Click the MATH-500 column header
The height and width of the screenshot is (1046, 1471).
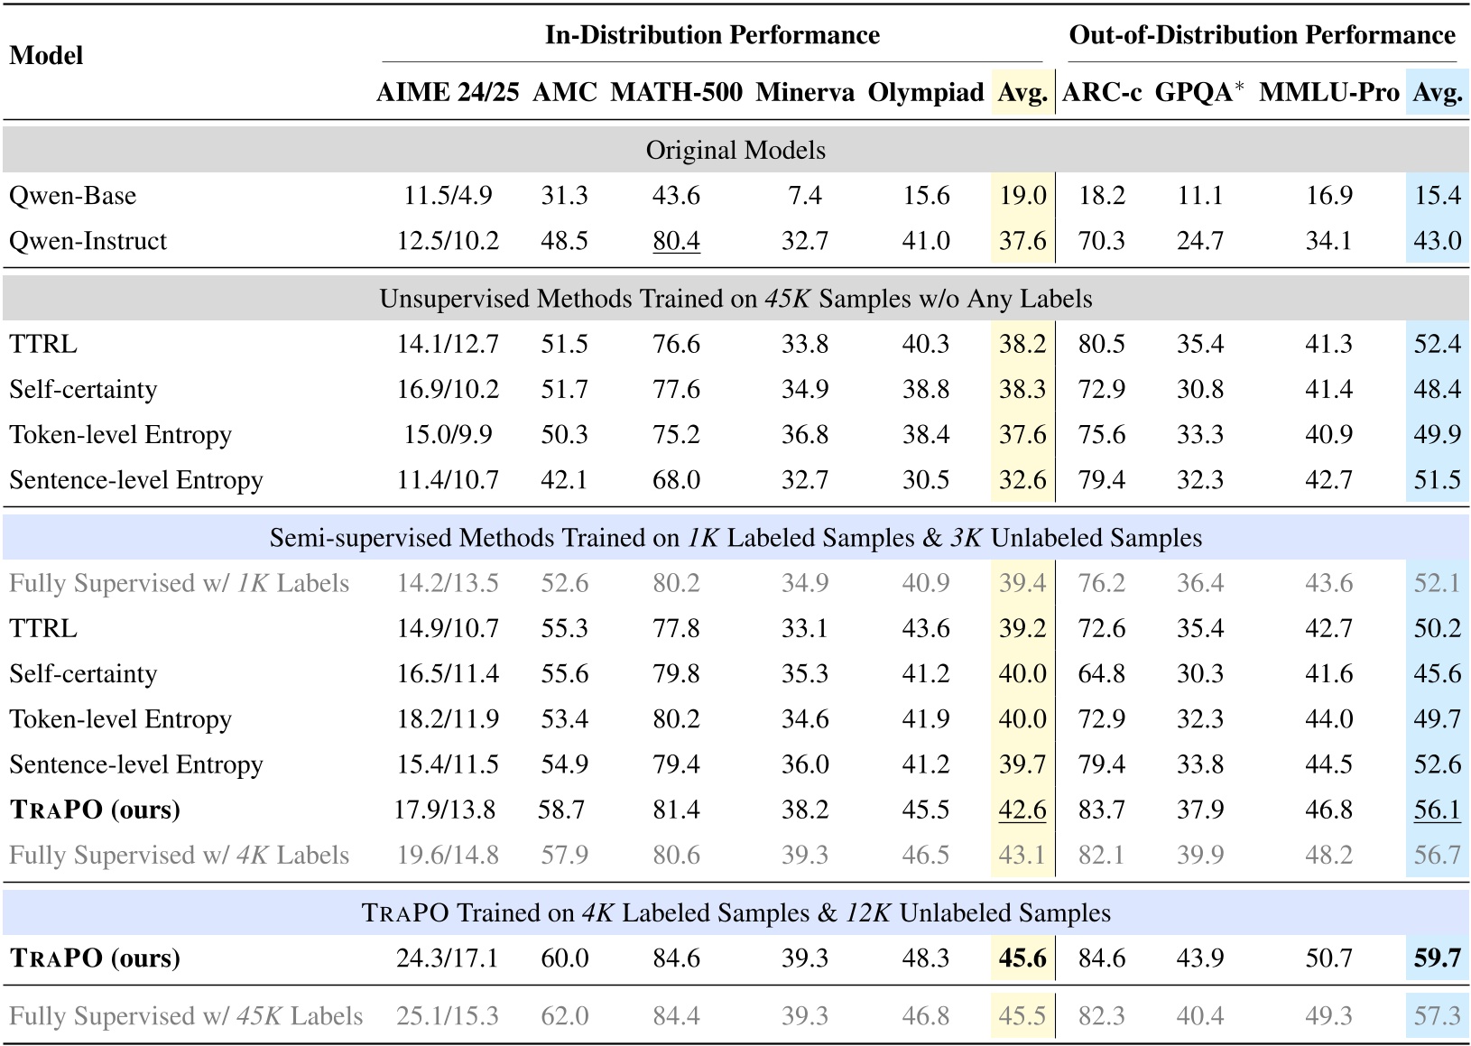tap(676, 92)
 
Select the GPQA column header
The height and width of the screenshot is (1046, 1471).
tap(1198, 92)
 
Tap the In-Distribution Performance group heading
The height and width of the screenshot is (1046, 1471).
tap(712, 35)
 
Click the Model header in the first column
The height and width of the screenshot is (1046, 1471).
tap(46, 56)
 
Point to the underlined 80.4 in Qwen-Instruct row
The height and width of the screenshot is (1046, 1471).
tap(676, 241)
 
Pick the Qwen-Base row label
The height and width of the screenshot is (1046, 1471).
tap(72, 196)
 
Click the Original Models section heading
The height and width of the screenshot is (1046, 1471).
tap(735, 150)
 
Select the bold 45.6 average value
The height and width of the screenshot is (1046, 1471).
tap(1022, 958)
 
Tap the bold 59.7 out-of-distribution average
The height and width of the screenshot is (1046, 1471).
tap(1437, 958)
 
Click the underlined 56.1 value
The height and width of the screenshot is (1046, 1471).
tap(1437, 810)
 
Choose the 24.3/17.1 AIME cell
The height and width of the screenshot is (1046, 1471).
tap(447, 958)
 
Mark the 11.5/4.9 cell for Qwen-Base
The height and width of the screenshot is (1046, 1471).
tap(447, 196)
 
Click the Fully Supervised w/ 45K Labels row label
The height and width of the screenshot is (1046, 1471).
tap(186, 1016)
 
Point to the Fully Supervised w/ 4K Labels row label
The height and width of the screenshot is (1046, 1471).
tap(179, 855)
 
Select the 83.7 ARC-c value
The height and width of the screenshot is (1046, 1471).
tap(1101, 810)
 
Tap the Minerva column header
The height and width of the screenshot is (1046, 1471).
tap(804, 92)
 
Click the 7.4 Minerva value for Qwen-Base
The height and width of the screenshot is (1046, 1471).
tap(804, 196)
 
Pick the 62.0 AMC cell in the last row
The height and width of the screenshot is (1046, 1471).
tap(564, 1016)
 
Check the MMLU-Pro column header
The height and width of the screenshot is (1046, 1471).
tap(1328, 92)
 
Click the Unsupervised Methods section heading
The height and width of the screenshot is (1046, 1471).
tap(735, 299)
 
